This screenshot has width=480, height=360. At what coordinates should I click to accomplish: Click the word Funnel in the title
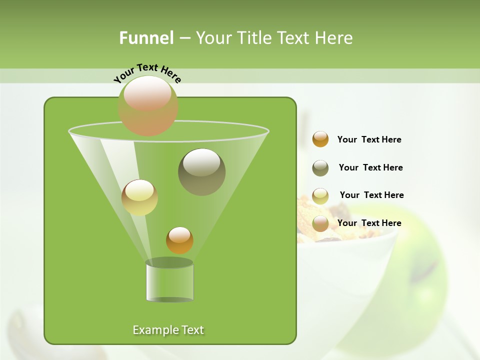coord(146,38)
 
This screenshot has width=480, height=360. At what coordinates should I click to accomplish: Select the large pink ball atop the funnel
coord(148,105)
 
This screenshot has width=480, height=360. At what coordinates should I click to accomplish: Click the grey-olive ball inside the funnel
coord(201,171)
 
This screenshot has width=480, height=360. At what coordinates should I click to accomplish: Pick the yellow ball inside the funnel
coord(139,197)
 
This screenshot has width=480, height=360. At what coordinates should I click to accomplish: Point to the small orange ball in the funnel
coord(179,240)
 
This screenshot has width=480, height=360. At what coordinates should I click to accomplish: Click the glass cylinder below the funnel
coord(169,282)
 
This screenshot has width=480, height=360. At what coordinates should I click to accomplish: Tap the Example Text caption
coord(168,330)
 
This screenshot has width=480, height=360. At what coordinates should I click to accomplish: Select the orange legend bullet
coord(320,139)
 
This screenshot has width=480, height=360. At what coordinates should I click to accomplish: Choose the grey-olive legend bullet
coord(320,168)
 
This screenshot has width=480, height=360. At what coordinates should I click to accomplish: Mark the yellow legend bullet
coord(320,196)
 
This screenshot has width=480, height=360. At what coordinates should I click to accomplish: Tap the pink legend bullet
coord(320,223)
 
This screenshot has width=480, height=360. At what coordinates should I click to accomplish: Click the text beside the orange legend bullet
coord(369,140)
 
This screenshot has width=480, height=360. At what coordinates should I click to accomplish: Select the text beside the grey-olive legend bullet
coord(370,168)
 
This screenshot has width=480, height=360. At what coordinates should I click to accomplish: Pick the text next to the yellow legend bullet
coord(371,195)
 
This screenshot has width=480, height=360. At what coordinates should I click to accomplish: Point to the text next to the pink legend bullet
coord(369,223)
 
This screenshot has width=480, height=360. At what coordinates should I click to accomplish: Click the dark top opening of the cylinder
coord(169,262)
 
